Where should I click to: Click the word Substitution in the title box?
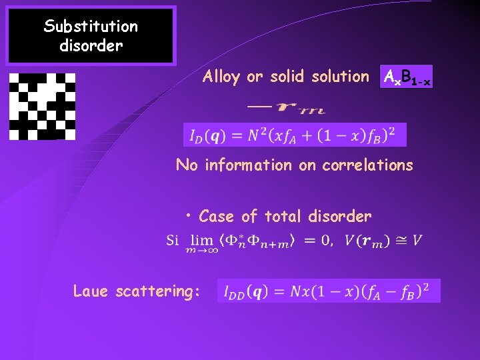click(91, 27)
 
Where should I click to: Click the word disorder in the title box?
click(91, 47)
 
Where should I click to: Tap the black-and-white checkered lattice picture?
click(42, 106)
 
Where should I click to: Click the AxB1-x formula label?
click(406, 77)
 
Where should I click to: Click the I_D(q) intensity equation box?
click(294, 135)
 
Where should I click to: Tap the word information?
click(247, 165)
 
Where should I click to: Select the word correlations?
click(367, 165)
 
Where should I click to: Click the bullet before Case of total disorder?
click(190, 215)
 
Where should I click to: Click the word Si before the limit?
click(172, 240)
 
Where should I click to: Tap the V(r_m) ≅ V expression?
click(383, 240)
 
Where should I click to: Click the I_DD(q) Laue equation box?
click(329, 291)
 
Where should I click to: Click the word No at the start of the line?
click(187, 165)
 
